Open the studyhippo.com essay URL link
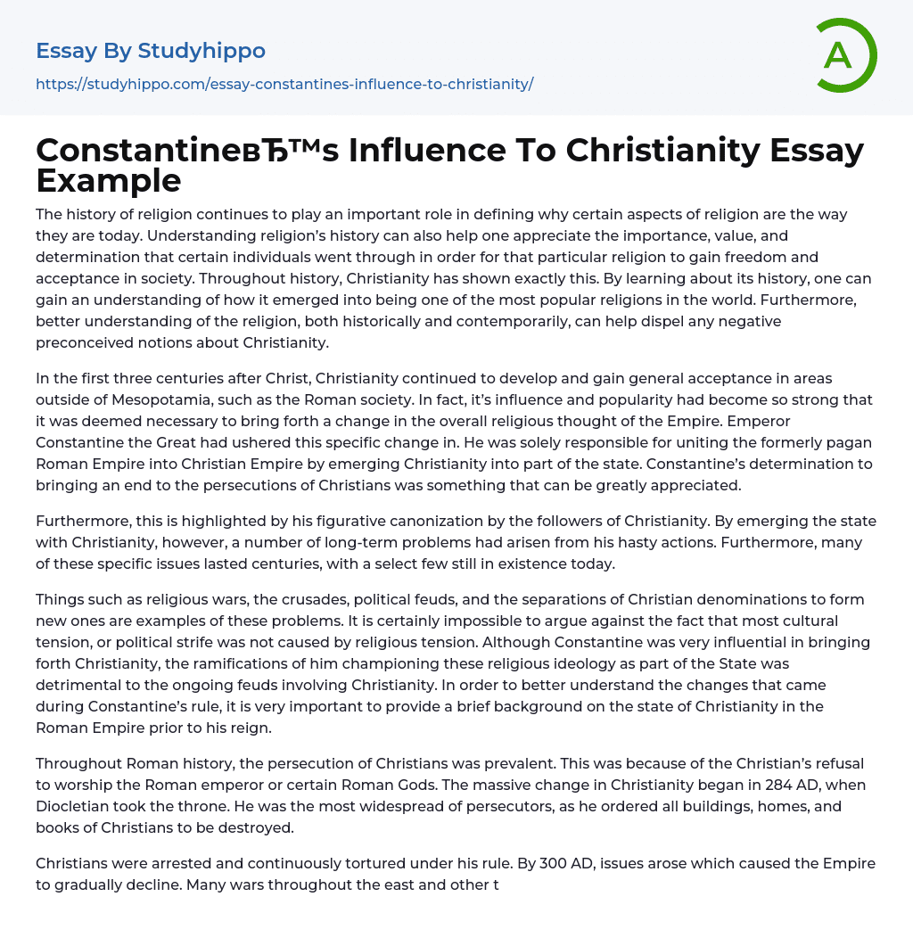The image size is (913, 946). (284, 85)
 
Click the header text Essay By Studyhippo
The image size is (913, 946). (151, 51)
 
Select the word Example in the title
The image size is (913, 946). (109, 180)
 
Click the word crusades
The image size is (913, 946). (325, 599)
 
